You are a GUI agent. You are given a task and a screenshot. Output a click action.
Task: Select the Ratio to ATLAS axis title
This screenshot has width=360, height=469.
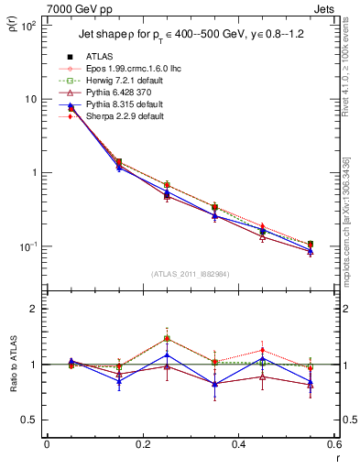[13, 365]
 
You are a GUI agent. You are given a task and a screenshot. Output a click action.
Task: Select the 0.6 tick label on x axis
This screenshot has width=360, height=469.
[333, 445]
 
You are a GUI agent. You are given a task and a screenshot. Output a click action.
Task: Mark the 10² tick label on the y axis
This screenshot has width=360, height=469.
[27, 26]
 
